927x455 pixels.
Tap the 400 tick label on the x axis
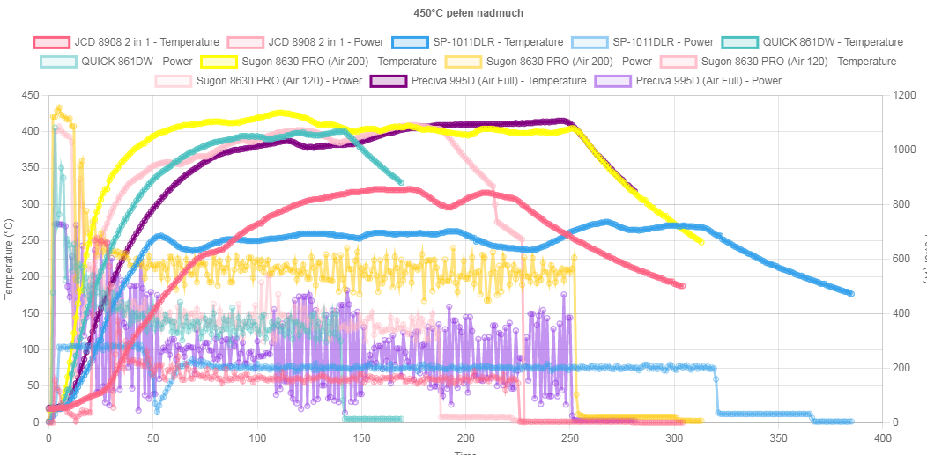(x=882, y=437)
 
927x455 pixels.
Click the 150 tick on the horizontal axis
(x=361, y=437)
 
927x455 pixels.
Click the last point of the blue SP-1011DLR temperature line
(x=850, y=294)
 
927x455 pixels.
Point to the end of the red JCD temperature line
(x=681, y=285)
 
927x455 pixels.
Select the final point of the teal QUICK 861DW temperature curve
(x=401, y=182)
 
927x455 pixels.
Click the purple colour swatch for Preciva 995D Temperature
(x=384, y=81)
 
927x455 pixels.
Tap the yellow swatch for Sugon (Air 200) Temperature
(x=219, y=62)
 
